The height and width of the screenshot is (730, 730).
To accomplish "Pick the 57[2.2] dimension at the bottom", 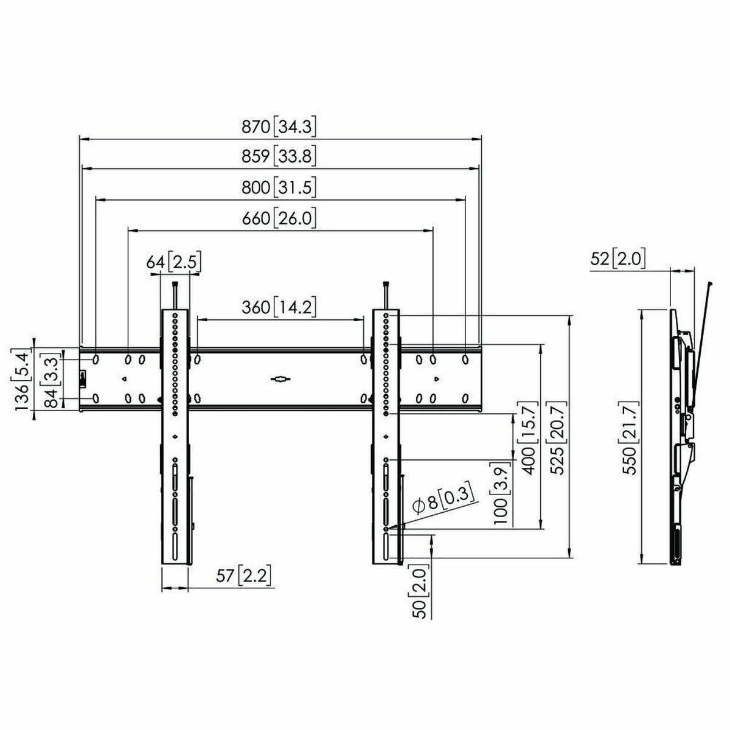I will [243, 575].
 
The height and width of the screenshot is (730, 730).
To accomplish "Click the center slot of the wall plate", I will [280, 380].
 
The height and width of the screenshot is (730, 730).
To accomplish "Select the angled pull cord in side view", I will [702, 341].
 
